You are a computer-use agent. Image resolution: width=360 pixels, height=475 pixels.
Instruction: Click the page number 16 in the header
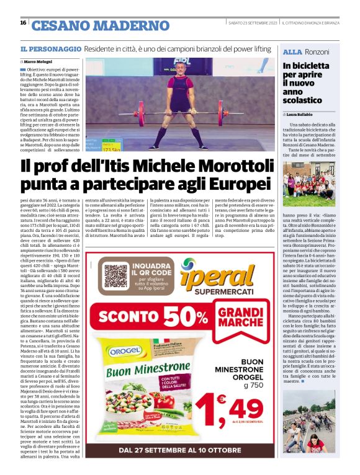23,23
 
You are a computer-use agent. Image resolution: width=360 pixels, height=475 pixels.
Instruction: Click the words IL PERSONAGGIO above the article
50,48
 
